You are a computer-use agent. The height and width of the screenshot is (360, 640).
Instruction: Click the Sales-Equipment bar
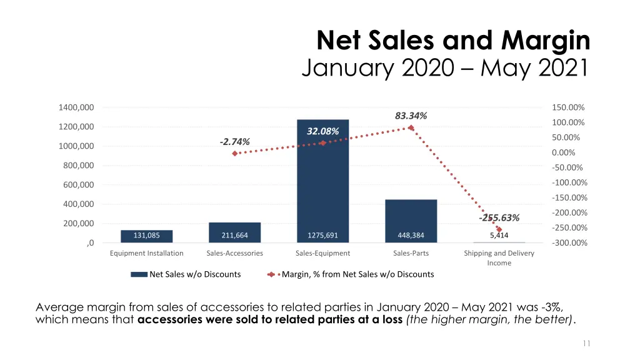(322, 181)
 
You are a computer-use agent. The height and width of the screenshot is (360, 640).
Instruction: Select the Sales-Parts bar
(411, 219)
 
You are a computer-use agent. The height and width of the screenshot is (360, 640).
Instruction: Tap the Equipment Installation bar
(146, 236)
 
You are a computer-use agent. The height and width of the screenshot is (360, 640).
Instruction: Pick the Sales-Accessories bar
(234, 232)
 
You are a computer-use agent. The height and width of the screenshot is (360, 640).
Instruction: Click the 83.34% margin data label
(411, 116)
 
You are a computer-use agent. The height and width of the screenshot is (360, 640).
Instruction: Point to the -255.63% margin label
(499, 218)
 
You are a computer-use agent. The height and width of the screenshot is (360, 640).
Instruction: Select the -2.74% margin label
(235, 142)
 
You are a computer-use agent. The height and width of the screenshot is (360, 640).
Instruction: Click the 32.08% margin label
(323, 131)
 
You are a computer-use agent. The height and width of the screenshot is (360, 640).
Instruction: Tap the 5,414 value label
(499, 236)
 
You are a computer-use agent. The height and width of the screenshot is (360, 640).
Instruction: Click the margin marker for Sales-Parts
(411, 128)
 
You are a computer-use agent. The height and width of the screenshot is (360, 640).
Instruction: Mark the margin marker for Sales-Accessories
(235, 153)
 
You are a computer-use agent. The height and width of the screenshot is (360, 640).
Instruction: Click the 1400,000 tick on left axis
(76, 107)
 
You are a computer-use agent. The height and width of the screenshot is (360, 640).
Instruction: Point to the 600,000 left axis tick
(78, 185)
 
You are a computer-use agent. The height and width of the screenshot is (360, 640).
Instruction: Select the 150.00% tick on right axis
(568, 107)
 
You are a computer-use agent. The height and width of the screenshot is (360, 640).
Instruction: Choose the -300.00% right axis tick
(569, 243)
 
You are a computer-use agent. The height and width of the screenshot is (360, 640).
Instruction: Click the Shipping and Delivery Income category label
(499, 257)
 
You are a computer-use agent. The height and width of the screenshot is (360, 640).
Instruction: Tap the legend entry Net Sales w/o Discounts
(194, 274)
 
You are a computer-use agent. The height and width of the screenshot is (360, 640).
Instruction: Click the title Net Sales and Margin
(453, 41)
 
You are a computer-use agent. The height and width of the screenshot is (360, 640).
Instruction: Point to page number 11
(587, 343)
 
